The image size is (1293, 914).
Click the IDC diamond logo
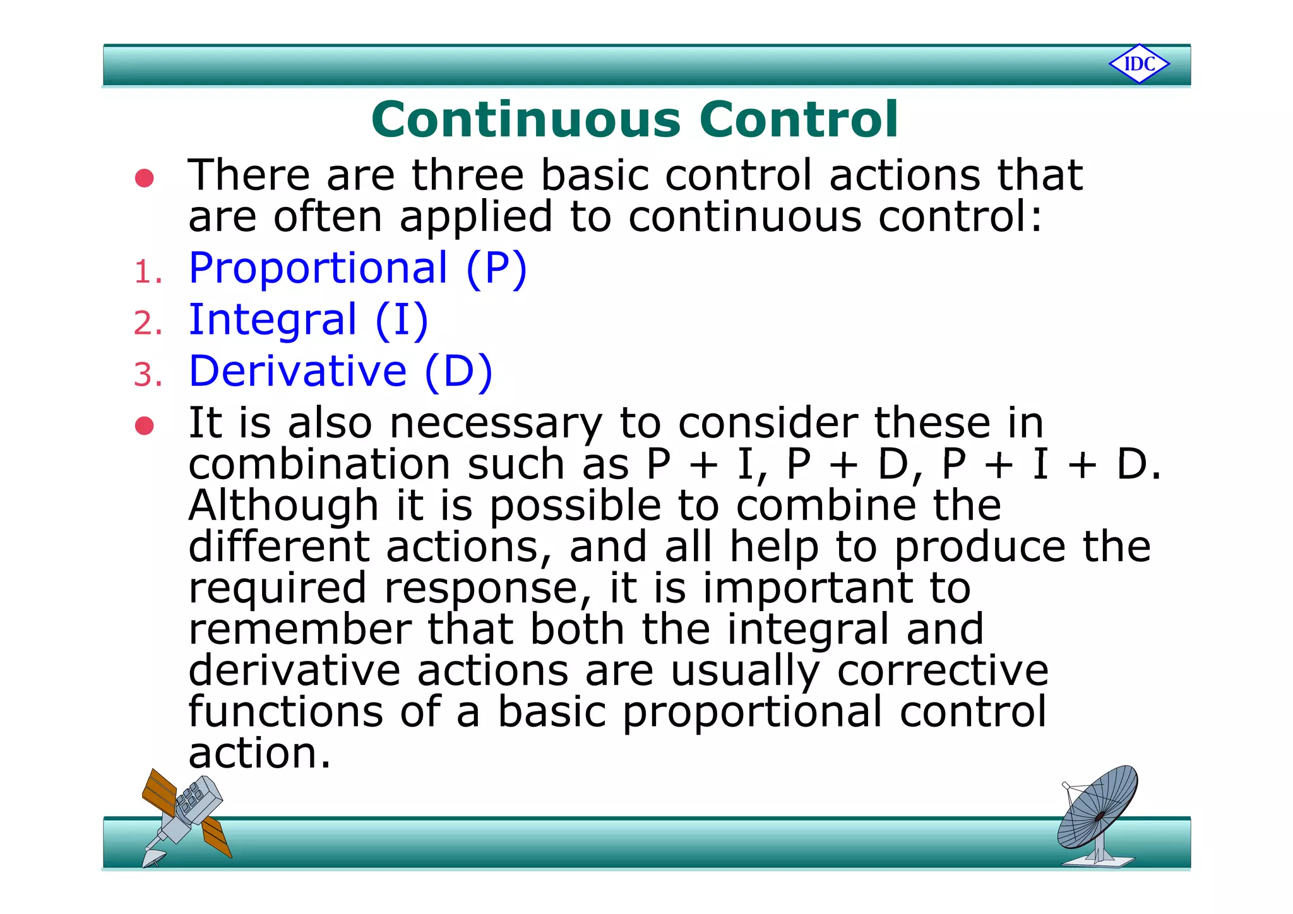tap(1139, 64)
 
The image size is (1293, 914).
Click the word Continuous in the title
tap(526, 119)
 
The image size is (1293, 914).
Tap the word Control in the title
tap(798, 119)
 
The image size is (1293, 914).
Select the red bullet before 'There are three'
tap(145, 178)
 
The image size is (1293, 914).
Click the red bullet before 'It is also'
tap(145, 425)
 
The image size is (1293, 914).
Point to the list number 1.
tap(148, 273)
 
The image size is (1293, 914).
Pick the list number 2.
tap(148, 324)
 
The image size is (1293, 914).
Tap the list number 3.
tap(148, 376)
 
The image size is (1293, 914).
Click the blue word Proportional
tap(318, 268)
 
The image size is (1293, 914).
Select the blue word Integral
tap(273, 319)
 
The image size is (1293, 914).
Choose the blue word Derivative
tap(297, 371)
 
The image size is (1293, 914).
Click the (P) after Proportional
tap(496, 269)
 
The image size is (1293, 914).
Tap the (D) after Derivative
tap(458, 372)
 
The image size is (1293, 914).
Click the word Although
tap(283, 506)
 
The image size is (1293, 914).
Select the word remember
tap(300, 629)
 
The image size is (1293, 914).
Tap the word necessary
tap(496, 424)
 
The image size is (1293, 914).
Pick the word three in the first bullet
tap(468, 175)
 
